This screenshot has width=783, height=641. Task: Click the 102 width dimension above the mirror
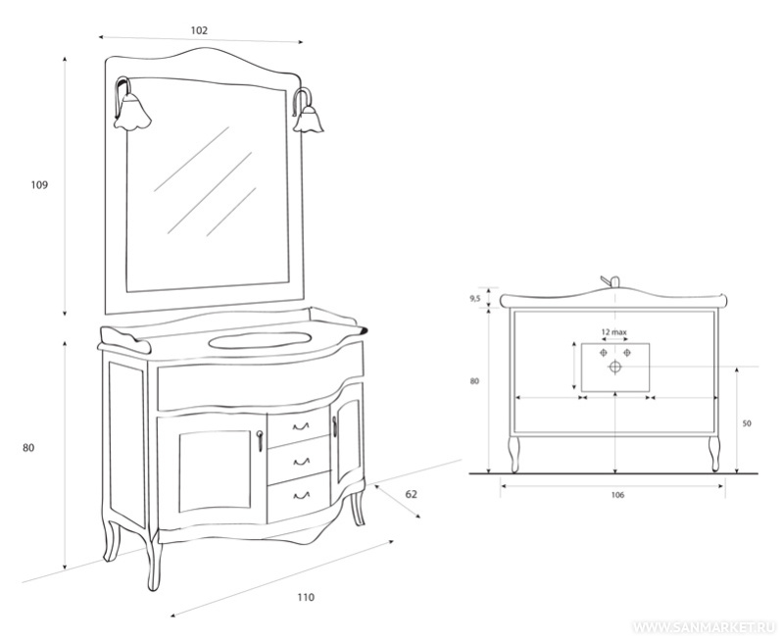pos(199,30)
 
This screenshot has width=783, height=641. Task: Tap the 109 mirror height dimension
pos(39,185)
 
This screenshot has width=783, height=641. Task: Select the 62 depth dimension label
pos(411,494)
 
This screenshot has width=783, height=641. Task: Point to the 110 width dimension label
pos(306,597)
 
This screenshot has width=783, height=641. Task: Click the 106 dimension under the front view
pos(617,495)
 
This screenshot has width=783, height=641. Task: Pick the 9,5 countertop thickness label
pos(475,299)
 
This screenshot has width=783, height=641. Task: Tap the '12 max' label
pos(613,332)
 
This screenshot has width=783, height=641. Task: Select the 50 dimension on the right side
pos(747,423)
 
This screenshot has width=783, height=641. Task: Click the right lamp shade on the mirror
pos(308,120)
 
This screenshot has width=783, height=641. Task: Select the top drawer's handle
pos(301,426)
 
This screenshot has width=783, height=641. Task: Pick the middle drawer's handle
pos(301,462)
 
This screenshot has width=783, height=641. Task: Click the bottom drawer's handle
pos(301,496)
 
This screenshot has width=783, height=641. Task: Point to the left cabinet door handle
pos(260,441)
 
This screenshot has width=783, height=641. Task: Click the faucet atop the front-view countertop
pos(611,281)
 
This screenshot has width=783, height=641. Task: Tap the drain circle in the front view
pos(615,368)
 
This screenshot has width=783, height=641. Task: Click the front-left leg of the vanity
pos(154,560)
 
